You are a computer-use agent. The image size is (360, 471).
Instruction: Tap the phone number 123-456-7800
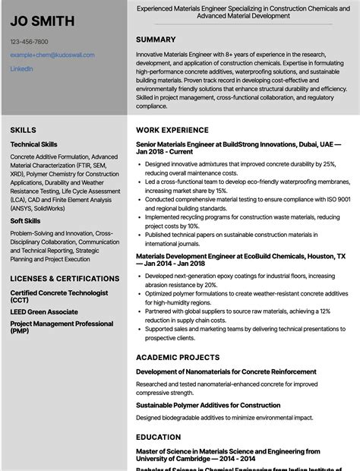(x=30, y=42)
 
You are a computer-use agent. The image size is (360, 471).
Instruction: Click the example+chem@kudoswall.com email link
(x=52, y=55)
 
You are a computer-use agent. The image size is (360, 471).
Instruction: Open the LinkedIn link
(x=21, y=69)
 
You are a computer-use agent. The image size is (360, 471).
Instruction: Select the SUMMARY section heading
(x=156, y=40)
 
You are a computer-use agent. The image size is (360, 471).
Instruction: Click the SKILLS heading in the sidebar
(x=24, y=131)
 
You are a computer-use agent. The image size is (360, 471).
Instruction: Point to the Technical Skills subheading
(x=33, y=144)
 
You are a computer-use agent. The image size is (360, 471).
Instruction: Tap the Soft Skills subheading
(x=26, y=221)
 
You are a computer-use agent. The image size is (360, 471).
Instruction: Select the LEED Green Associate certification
(x=44, y=311)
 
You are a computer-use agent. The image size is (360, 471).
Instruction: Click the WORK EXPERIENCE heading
(x=171, y=131)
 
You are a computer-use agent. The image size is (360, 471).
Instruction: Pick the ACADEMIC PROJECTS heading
(x=177, y=357)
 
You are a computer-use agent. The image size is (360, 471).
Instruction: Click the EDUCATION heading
(x=159, y=438)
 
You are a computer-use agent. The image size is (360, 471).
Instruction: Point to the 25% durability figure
(x=327, y=163)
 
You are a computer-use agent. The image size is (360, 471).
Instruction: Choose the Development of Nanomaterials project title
(x=226, y=371)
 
